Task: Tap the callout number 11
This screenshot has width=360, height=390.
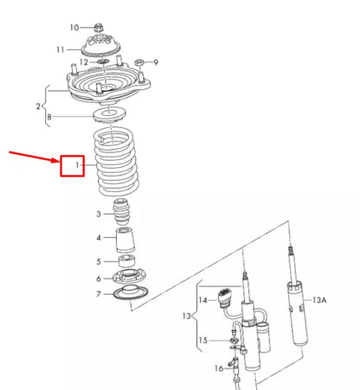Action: [85, 48]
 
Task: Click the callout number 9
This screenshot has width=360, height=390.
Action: [157, 62]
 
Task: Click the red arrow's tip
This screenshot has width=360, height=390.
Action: [58, 161]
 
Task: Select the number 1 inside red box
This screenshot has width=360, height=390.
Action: [77, 163]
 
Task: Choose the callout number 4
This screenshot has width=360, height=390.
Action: [100, 239]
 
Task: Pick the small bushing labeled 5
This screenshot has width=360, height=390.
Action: [126, 260]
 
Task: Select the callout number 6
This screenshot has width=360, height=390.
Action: [100, 278]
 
